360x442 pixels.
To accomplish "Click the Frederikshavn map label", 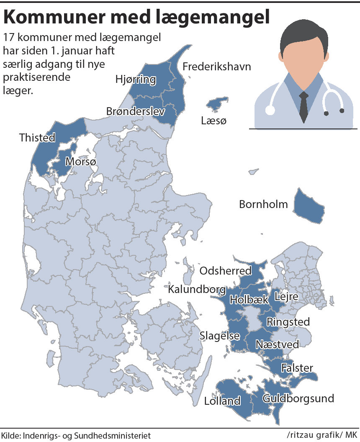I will coord(216,67).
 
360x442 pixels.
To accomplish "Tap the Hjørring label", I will coord(135,80).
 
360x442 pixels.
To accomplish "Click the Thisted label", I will coord(37,138).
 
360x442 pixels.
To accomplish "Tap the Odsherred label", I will coord(225,271).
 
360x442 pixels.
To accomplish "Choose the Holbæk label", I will coord(249,300).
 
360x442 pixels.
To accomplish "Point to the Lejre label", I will coord(286,297).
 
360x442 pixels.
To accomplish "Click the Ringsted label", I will coord(288,322).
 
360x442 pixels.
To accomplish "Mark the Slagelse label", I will coord(219,336).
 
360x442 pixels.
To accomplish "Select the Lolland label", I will coord(222,401).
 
